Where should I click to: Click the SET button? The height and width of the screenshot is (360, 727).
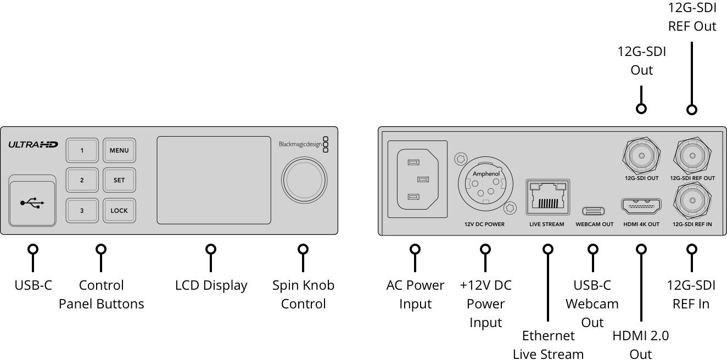[x=119, y=180]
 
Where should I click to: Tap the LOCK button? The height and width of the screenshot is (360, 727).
[x=119, y=211]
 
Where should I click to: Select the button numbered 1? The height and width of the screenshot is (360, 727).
[x=82, y=150]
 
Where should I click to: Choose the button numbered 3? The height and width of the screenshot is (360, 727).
[x=82, y=211]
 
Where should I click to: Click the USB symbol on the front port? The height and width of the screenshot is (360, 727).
[x=32, y=203]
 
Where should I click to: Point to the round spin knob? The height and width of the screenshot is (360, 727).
[x=304, y=180]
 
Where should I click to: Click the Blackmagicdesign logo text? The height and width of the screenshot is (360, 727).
[x=300, y=144]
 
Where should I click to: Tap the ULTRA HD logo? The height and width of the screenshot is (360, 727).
[x=33, y=145]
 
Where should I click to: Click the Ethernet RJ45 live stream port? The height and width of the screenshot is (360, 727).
[x=547, y=197]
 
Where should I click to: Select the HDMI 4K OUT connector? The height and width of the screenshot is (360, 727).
[x=641, y=206]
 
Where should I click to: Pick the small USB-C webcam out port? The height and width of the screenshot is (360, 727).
[x=593, y=211]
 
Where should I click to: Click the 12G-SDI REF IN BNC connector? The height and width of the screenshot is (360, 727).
[x=692, y=201]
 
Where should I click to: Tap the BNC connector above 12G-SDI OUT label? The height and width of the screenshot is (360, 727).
[x=641, y=156]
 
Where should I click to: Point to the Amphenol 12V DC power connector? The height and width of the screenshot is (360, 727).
[x=485, y=184]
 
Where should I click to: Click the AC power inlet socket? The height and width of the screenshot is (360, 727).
[x=417, y=179]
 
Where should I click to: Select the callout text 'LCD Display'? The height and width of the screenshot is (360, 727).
[x=211, y=285]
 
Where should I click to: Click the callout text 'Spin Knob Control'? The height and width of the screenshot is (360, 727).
[x=303, y=295]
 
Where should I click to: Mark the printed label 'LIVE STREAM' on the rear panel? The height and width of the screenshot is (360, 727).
[x=546, y=224]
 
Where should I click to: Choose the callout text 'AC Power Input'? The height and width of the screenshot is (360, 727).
[x=415, y=295]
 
